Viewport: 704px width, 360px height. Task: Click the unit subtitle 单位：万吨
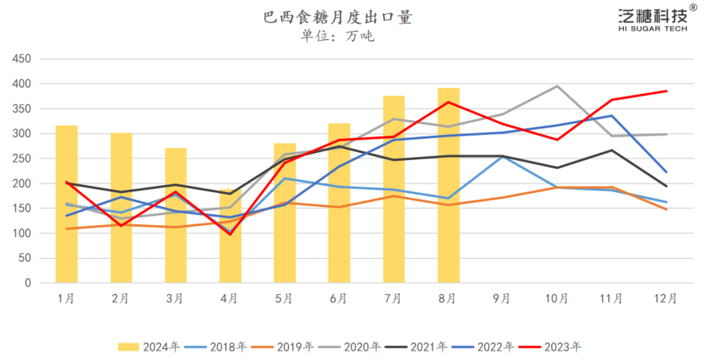[337, 36]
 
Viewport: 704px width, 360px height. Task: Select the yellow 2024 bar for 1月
[67, 204]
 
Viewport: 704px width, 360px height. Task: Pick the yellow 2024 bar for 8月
[448, 185]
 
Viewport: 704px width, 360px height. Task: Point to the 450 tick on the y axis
[20, 59]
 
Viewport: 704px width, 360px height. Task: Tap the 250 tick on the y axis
[20, 158]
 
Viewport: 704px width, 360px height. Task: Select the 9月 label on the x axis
[502, 299]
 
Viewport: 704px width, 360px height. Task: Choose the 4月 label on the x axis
[229, 299]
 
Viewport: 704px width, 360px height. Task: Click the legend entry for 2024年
[150, 346]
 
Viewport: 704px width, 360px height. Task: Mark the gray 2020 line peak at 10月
[557, 85]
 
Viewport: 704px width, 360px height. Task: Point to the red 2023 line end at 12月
[666, 91]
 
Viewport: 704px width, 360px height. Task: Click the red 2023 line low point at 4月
[231, 234]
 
